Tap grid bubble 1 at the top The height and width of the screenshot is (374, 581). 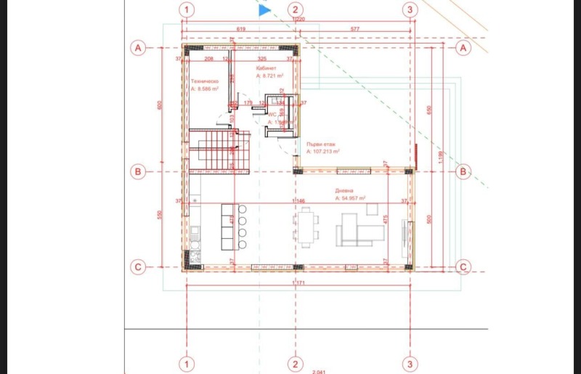pos(187,10)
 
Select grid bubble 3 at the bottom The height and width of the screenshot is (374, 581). pos(410,363)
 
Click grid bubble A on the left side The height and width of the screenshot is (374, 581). pos(137,48)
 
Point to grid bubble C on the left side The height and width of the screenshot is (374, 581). pos(137,267)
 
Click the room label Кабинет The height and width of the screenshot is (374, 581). pos(267,68)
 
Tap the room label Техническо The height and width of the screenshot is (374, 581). pos(205,82)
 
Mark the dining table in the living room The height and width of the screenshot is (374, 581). pos(306,225)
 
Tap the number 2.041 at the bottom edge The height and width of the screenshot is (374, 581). pos(319,371)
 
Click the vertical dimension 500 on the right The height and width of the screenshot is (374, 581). pos(430,219)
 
